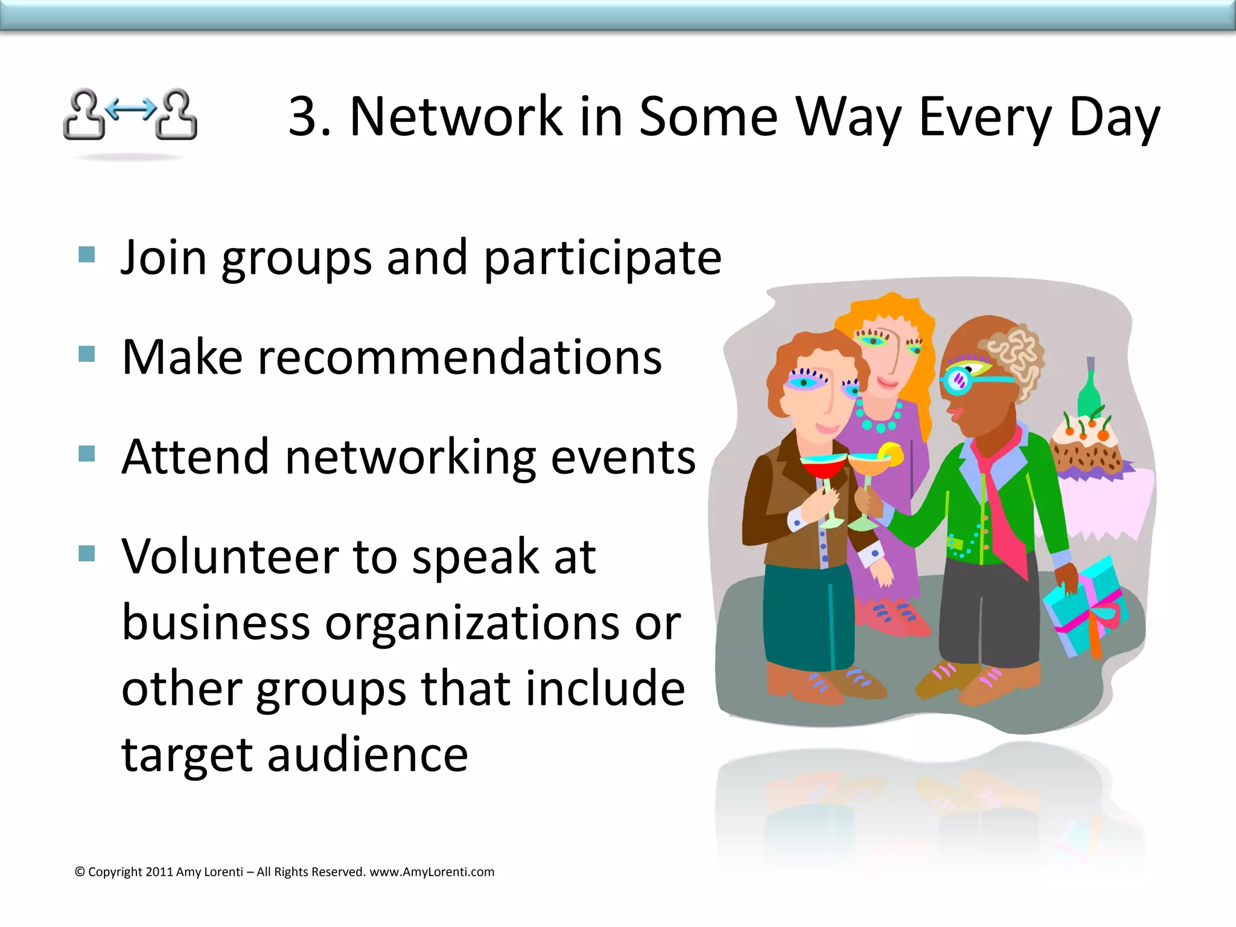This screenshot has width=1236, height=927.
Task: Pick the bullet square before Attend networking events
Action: click(87, 453)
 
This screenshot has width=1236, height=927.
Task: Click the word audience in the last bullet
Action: click(368, 755)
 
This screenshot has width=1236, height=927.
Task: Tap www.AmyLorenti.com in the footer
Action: click(432, 872)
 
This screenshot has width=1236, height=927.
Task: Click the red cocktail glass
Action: click(823, 468)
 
